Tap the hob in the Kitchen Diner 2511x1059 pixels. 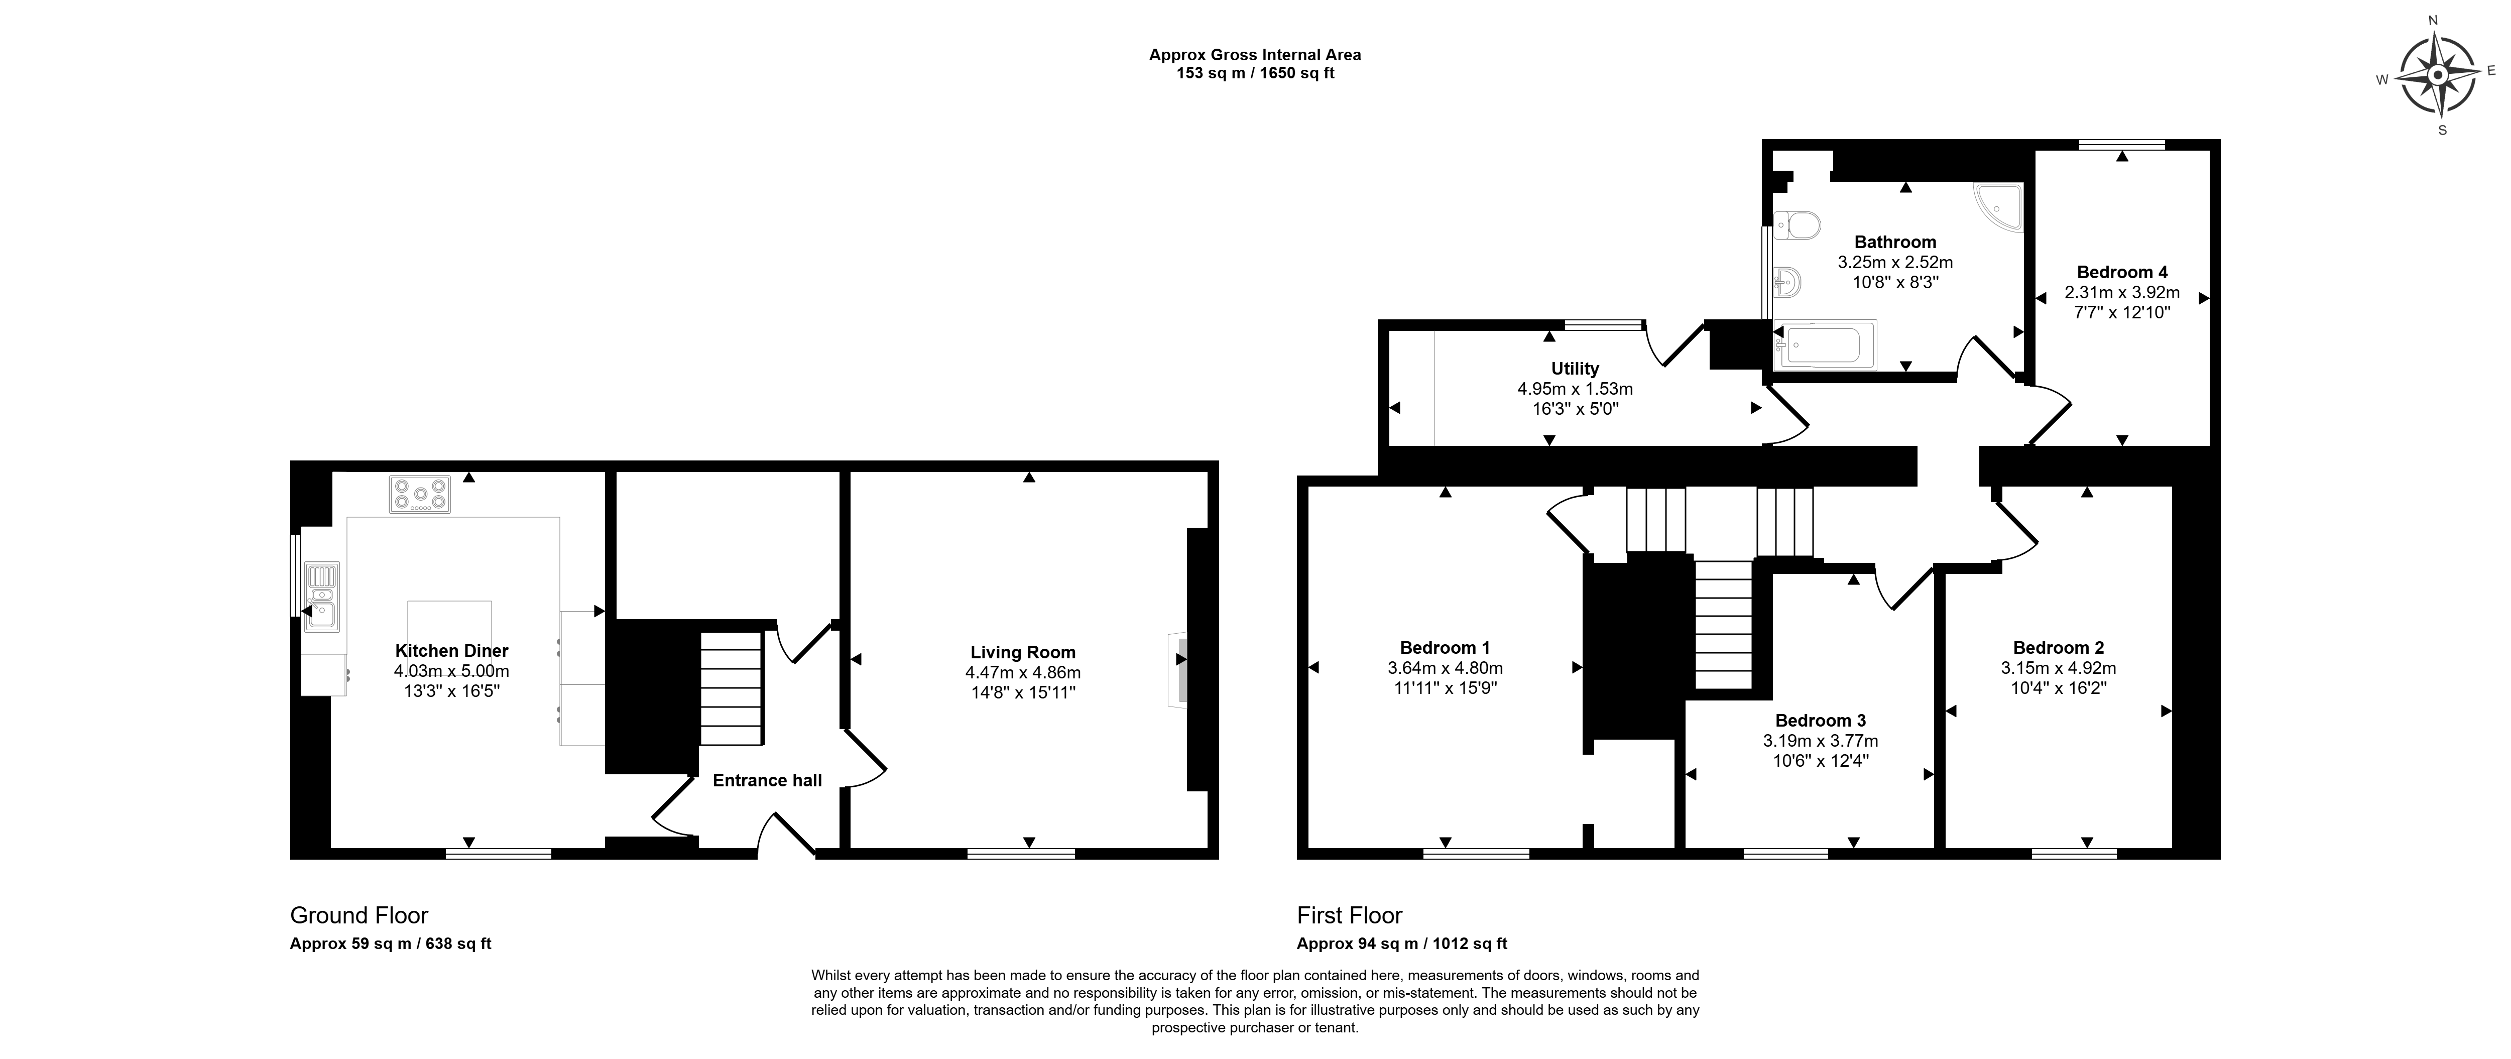[x=420, y=495]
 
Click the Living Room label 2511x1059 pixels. [x=1023, y=652]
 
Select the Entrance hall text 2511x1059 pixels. [x=767, y=780]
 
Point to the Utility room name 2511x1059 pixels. [x=1575, y=369]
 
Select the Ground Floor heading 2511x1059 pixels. [x=358, y=916]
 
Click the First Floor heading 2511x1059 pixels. [x=1349, y=916]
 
